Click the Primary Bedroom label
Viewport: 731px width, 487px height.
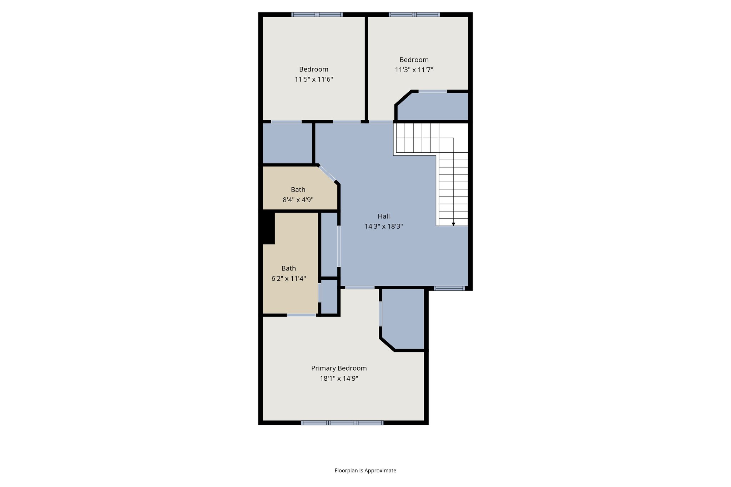pos(339,368)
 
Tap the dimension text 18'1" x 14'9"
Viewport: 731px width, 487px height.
pos(339,378)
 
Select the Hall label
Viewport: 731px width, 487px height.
pos(384,216)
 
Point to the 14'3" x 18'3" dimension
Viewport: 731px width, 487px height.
pos(384,226)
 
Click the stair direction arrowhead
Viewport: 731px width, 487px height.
pos(453,224)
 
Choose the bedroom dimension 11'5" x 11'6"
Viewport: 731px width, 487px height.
pos(314,79)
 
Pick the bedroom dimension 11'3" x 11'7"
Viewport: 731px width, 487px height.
pos(414,70)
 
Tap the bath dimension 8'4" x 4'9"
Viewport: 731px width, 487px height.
pos(298,200)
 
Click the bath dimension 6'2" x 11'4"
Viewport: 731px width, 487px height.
pos(289,278)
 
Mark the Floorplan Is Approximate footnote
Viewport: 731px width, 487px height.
pos(365,470)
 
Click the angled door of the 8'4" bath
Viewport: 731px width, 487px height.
pos(327,174)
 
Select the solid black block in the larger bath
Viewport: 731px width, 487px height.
pos(268,228)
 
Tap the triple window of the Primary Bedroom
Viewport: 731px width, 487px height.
pos(342,423)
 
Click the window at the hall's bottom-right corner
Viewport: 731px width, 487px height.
pos(449,288)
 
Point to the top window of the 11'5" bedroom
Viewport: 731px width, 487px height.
pos(317,15)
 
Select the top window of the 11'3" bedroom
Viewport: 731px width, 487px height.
pos(414,15)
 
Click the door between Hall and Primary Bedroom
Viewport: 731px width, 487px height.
pos(360,288)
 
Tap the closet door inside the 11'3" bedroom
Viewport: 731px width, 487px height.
pos(432,92)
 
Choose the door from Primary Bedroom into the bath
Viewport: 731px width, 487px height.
pos(301,315)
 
